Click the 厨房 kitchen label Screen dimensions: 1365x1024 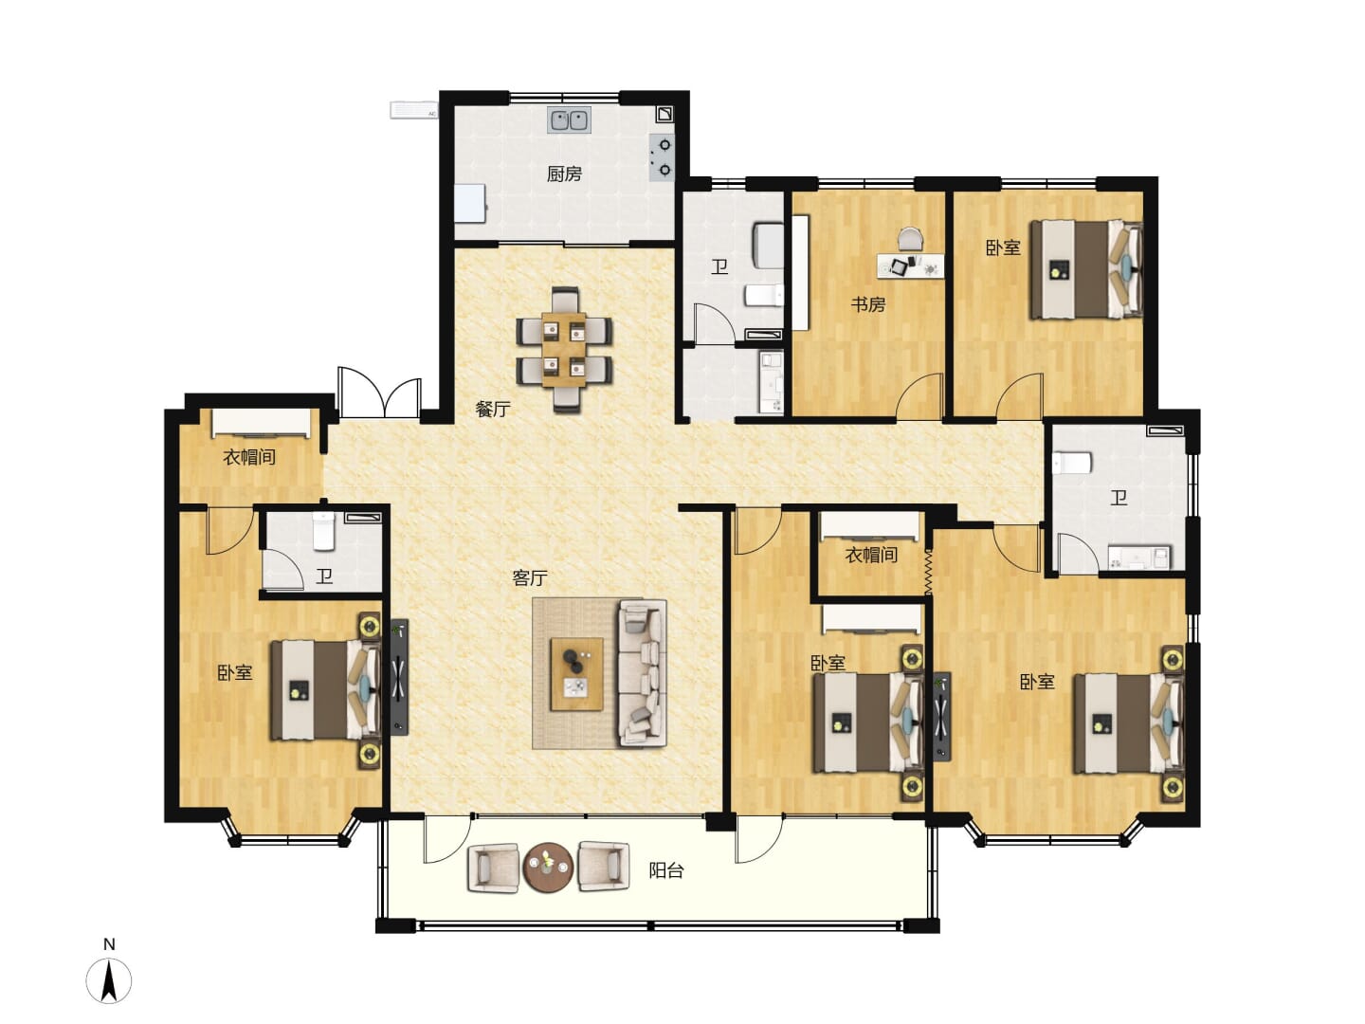564,174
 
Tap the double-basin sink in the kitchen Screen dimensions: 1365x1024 569,120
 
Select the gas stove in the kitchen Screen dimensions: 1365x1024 663,157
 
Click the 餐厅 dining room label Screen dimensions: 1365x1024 493,409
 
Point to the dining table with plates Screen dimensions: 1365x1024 564,350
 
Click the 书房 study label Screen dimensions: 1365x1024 867,304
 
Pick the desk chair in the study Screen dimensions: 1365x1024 910,239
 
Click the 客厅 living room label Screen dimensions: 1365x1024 529,578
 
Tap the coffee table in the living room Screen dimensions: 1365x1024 576,674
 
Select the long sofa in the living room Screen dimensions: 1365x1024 642,673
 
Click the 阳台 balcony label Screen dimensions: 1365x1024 666,870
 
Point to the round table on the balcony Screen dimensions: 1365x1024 548,867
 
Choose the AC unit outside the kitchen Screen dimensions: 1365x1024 413,110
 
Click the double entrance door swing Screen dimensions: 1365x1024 379,393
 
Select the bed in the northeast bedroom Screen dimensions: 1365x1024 1086,268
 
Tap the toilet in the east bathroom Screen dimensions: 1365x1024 1072,463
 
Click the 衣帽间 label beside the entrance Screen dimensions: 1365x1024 248,457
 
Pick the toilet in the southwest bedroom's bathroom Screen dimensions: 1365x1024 323,531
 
